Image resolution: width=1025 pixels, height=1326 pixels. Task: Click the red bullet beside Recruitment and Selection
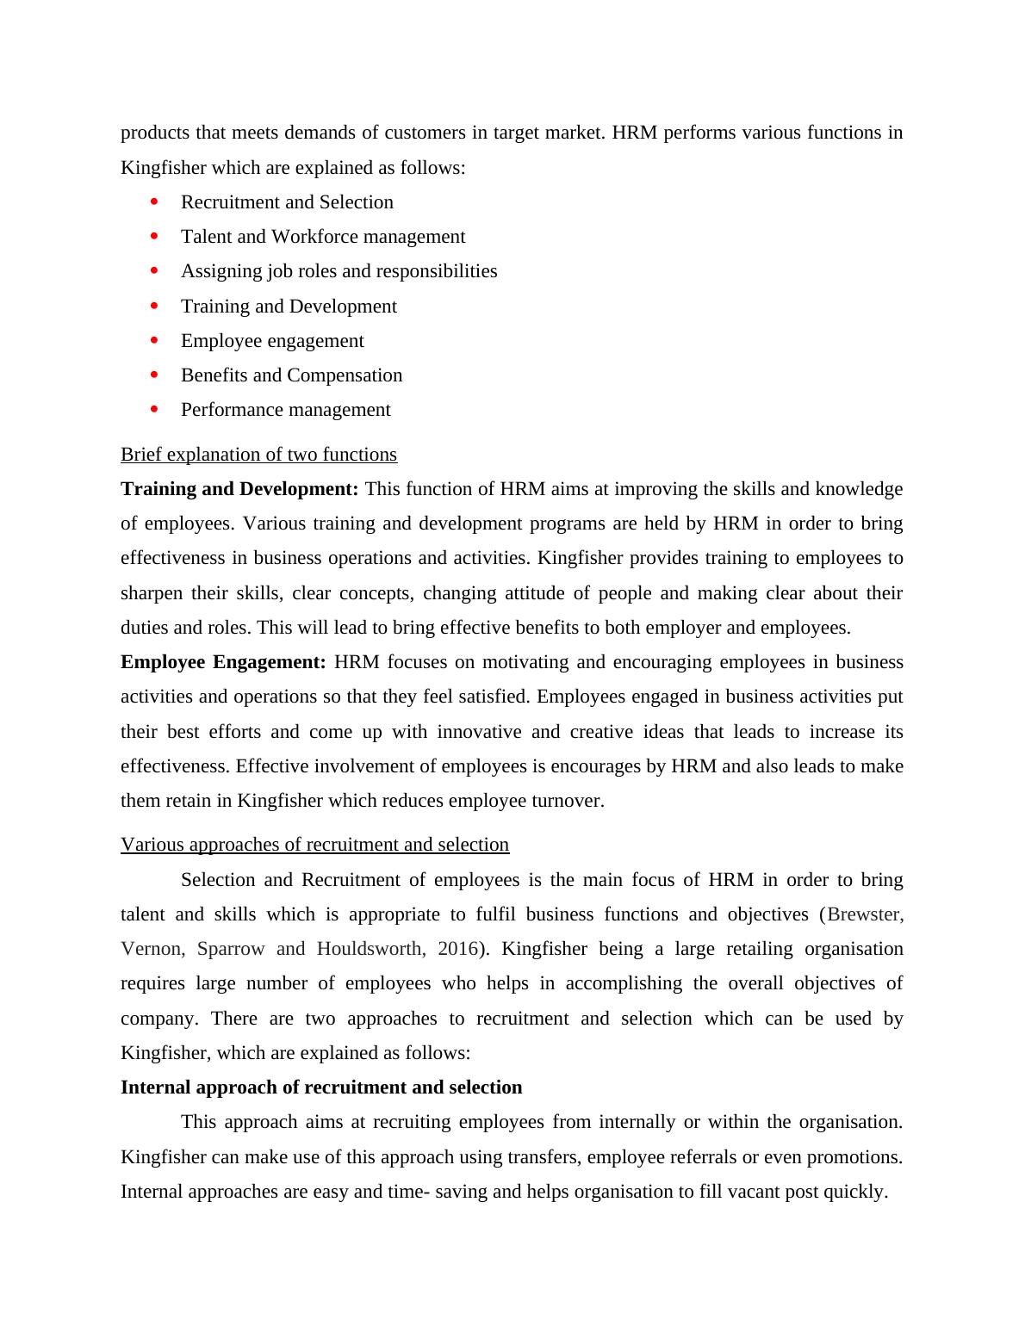[x=155, y=201]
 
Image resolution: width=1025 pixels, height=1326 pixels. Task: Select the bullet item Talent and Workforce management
[x=323, y=237]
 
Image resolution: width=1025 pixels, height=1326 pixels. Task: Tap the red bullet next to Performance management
[x=155, y=409]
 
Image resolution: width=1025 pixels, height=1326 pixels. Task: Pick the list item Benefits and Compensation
[x=291, y=375]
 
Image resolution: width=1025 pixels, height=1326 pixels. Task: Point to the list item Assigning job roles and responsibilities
[x=339, y=271]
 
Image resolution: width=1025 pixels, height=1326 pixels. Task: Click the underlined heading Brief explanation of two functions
[x=258, y=455]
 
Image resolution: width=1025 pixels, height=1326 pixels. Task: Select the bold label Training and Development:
[x=239, y=489]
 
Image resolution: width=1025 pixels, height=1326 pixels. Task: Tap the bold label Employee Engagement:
[x=223, y=662]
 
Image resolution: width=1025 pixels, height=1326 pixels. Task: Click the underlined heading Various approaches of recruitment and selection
[x=314, y=845]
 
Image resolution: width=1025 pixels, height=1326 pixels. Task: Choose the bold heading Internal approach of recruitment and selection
[x=321, y=1087]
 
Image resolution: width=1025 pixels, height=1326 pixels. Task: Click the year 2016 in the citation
[x=457, y=949]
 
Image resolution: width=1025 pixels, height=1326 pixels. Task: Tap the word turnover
[x=568, y=801]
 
